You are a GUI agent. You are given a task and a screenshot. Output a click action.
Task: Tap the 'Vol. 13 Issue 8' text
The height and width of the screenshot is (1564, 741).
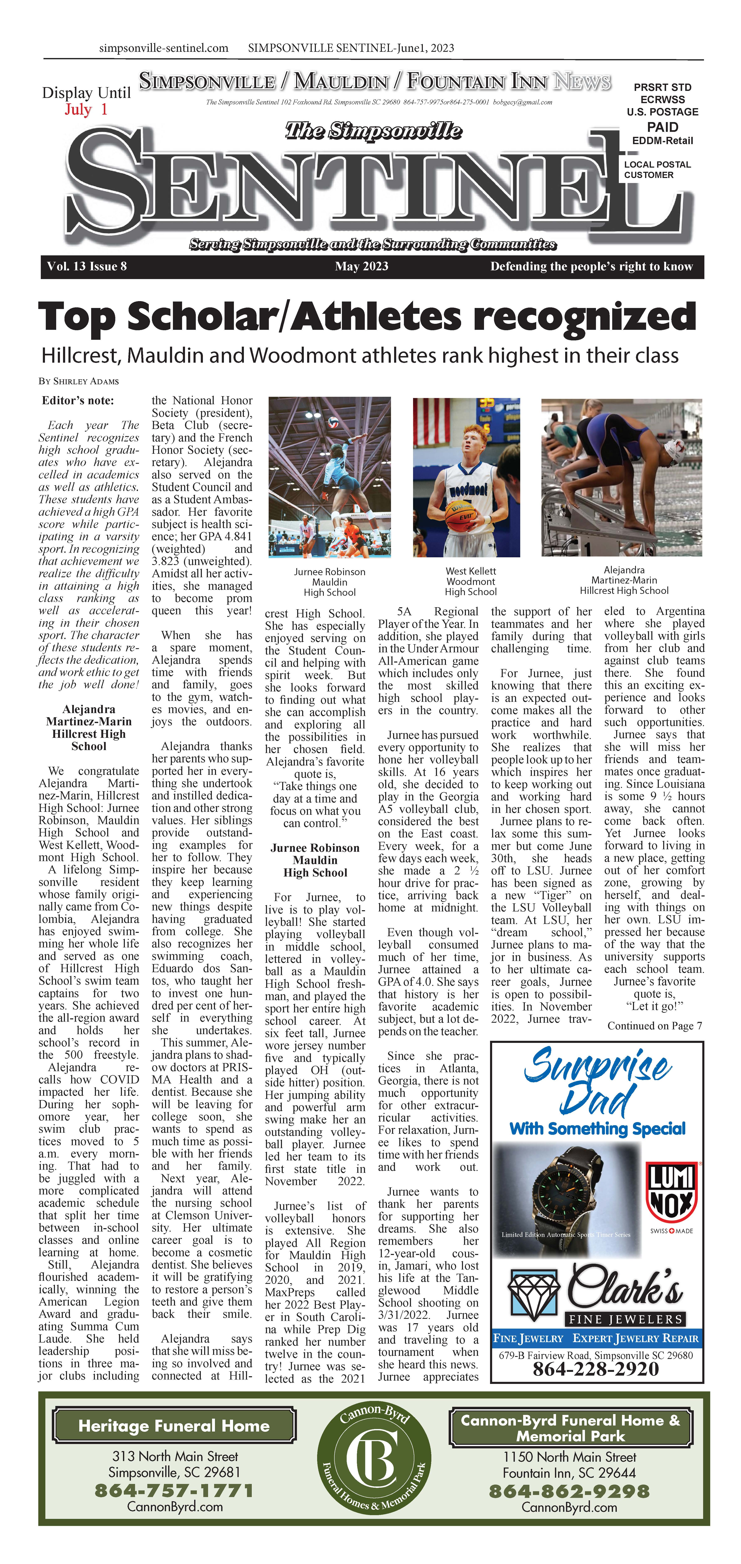pyautogui.click(x=87, y=266)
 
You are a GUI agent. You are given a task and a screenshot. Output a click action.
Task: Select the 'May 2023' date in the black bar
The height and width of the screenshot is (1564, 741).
pyautogui.click(x=361, y=266)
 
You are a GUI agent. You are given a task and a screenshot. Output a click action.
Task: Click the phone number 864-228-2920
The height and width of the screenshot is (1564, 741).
pyautogui.click(x=595, y=1369)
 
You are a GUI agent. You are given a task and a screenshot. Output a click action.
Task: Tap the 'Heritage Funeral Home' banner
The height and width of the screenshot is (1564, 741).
pyautogui.click(x=174, y=1426)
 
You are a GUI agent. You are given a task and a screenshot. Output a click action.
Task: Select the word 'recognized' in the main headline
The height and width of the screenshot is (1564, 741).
pyautogui.click(x=584, y=317)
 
